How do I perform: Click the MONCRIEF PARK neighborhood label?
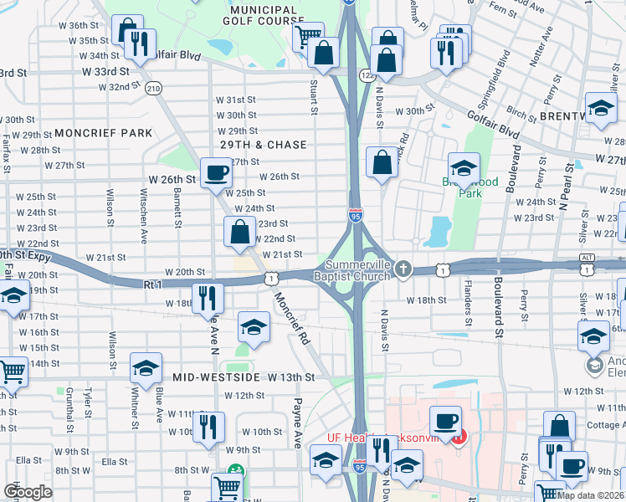(104, 133)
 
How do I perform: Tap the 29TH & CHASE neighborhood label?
(264, 145)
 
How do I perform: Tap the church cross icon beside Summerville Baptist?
(404, 269)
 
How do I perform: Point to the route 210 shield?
(153, 88)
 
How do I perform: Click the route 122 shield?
(368, 75)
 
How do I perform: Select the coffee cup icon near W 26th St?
(216, 172)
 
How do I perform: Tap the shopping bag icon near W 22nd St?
(239, 231)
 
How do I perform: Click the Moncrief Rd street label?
(294, 318)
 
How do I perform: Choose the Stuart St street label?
(315, 97)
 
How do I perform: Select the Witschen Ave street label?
(143, 220)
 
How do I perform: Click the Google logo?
(28, 492)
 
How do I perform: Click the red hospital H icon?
(458, 436)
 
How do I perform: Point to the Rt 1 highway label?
(152, 285)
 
